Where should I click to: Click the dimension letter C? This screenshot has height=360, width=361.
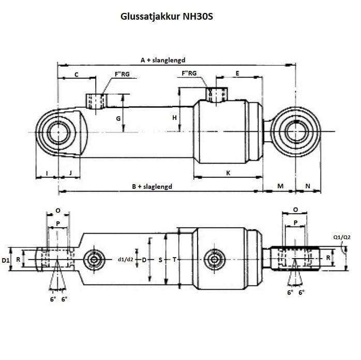pyautogui.click(x=76, y=74)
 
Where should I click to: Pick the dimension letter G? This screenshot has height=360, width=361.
pyautogui.click(x=118, y=118)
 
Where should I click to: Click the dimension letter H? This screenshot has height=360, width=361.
pyautogui.click(x=175, y=118)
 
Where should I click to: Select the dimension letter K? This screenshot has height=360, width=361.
pyautogui.click(x=228, y=173)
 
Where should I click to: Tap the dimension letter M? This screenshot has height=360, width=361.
pyautogui.click(x=281, y=186)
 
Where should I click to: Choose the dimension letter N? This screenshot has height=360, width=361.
pyautogui.click(x=308, y=186)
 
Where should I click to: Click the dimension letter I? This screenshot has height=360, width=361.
pyautogui.click(x=47, y=173)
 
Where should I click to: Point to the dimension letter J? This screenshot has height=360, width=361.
pyautogui.click(x=70, y=173)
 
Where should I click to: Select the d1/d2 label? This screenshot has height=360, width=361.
pyautogui.click(x=126, y=259)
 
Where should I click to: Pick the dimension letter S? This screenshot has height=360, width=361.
pyautogui.click(x=160, y=259)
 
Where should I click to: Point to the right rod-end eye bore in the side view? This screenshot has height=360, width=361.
pyautogui.click(x=295, y=132)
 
